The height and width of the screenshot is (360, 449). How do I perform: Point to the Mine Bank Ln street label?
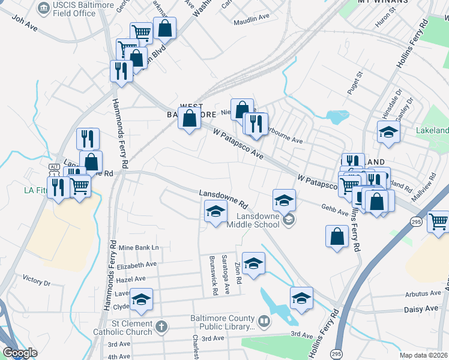(138, 248)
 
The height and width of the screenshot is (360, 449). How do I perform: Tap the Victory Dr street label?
(36, 281)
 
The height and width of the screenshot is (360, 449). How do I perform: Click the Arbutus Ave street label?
(422, 293)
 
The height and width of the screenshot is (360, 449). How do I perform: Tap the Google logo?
(19, 353)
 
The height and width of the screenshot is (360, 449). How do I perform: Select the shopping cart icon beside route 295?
(438, 223)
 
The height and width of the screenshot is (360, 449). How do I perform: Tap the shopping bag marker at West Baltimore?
(189, 119)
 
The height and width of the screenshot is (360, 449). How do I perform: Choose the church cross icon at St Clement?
(160, 327)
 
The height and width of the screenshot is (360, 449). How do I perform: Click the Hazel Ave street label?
(131, 279)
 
